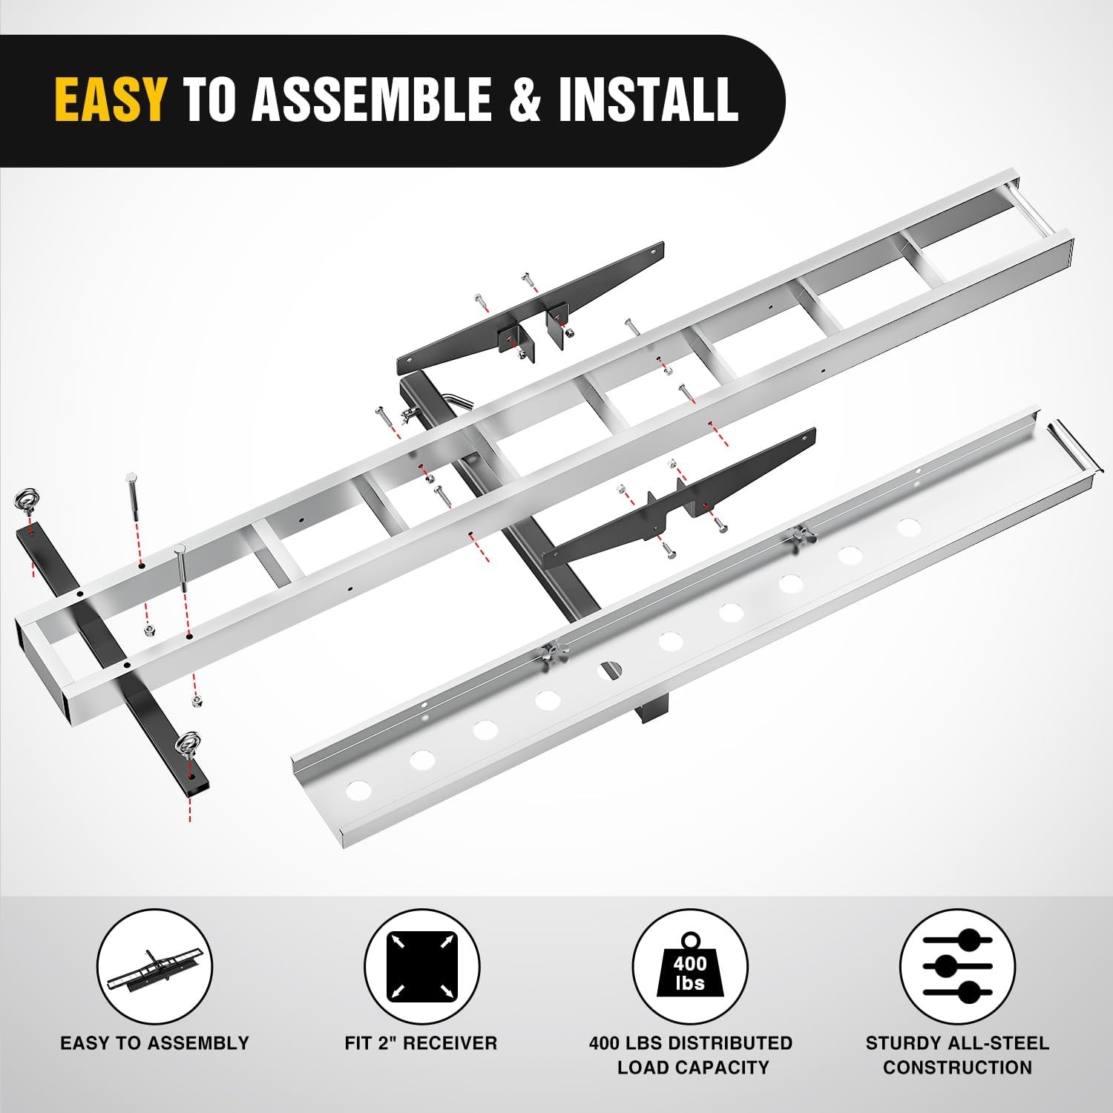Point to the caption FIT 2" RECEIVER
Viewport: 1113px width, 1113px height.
point(421,1043)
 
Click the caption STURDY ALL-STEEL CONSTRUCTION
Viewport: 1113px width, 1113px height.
point(957,1055)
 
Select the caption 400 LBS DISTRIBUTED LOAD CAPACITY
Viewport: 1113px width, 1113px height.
point(690,1055)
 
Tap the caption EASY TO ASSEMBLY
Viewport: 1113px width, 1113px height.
point(154,1043)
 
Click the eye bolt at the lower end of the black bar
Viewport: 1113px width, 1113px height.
point(186,744)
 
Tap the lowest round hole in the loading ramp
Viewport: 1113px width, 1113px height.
point(358,789)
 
